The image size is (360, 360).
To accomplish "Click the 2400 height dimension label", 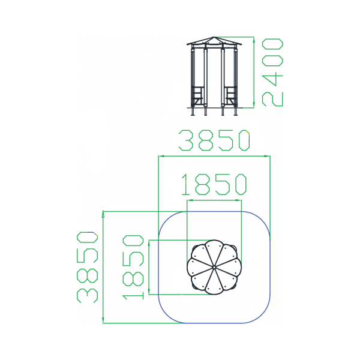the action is [x=272, y=73].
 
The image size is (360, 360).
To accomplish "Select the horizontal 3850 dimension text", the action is [x=214, y=140].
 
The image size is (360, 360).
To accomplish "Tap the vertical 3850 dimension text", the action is [x=87, y=267].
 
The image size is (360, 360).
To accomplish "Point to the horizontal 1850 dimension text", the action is [x=214, y=184].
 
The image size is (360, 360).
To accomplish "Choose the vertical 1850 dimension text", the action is [x=133, y=267].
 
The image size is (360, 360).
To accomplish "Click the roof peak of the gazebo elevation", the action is [x=214, y=37].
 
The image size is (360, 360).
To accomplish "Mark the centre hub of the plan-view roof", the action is [x=214, y=267].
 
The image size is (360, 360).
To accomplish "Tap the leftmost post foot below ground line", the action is [x=193, y=112].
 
